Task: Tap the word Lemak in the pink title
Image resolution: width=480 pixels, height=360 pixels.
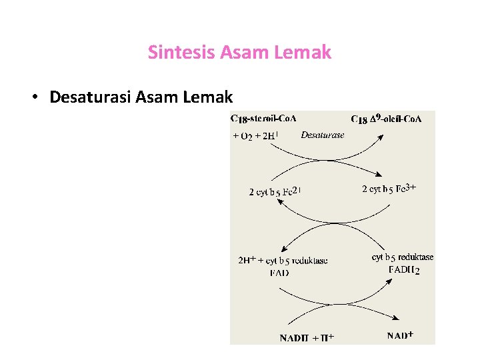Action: coord(307,52)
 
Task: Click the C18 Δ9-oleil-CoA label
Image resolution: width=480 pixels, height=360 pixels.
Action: coord(386,119)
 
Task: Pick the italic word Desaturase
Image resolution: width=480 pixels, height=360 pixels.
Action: coord(323,135)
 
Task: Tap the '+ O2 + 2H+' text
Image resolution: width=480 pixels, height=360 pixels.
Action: coord(256,136)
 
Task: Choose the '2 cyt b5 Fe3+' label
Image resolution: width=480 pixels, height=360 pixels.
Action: coord(389,189)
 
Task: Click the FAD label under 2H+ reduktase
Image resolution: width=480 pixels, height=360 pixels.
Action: coord(279,273)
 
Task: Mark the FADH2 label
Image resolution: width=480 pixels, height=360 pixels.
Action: coord(404,270)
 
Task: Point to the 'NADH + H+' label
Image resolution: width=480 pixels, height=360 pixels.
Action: coord(307,337)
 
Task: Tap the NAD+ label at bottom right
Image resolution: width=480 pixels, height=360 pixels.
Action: coord(401,335)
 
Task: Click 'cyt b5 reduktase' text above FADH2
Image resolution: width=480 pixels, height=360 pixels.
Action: coord(403,257)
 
